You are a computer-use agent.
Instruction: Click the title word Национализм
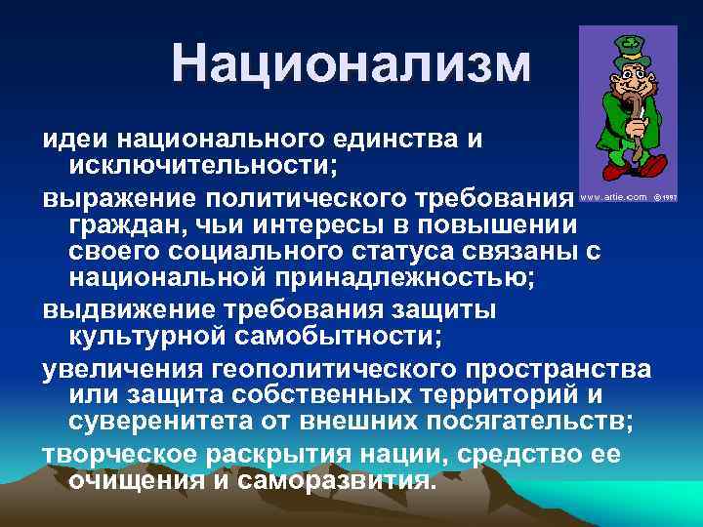[351, 62]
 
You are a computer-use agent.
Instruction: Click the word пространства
[557, 371]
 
